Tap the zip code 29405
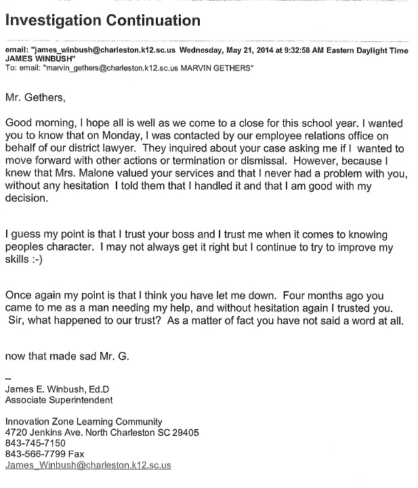coord(185,432)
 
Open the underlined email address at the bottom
coord(88,466)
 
